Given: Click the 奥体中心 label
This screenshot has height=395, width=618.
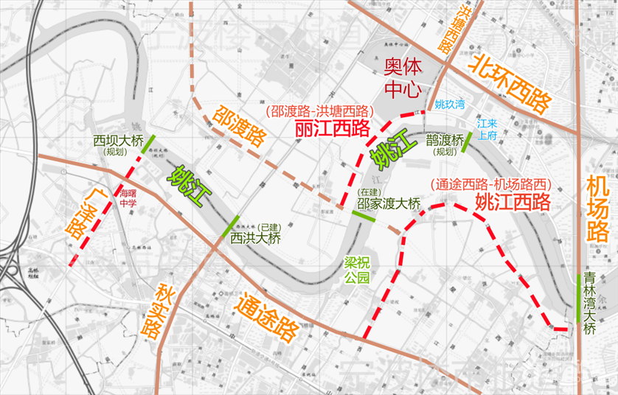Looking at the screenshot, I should pos(402,78).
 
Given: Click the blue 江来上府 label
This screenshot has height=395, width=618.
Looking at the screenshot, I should pos(488,130).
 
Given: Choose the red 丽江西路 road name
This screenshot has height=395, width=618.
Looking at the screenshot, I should pos(332,129).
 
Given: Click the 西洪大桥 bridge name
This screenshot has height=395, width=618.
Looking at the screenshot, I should pos(255,238).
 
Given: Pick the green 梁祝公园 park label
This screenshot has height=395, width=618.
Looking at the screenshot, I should pos(357,270).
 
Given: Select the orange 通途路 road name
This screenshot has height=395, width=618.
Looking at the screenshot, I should pos(265,315).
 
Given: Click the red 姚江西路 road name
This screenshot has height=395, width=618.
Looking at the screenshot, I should pos(513,201).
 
